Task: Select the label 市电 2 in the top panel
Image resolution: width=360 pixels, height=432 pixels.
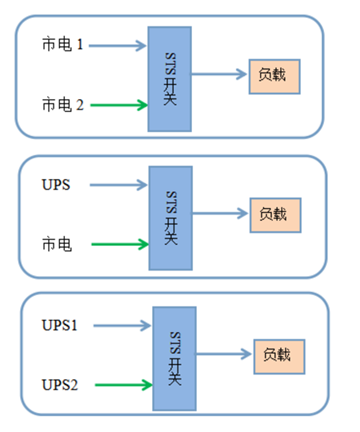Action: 63,102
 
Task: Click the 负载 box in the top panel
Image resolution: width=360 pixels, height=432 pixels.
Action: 274,75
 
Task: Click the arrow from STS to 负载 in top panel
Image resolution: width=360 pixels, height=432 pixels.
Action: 217,75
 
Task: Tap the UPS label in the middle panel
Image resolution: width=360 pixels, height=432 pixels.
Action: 55,185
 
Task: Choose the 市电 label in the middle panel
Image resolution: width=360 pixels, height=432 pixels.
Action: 55,243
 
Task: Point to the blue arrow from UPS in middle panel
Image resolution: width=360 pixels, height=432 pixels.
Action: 116,185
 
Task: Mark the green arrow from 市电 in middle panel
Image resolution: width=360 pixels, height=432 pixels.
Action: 116,241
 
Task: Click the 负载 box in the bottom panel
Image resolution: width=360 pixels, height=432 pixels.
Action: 278,355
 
